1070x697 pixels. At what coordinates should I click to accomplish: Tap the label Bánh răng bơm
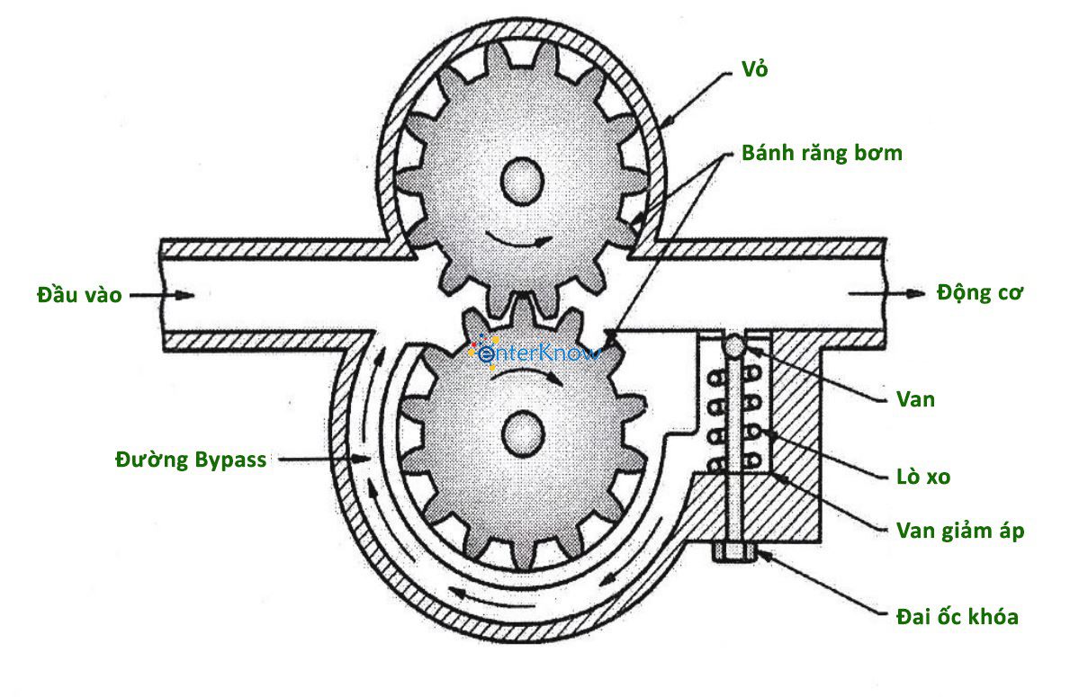pos(821,153)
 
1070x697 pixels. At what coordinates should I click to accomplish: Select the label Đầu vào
pos(79,294)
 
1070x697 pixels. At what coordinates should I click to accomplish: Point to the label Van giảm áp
pos(960,531)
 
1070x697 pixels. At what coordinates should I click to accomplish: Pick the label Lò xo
pos(923,477)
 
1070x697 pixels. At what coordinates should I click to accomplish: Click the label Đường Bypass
pos(191,460)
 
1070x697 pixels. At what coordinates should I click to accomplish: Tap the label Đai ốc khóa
pos(958,617)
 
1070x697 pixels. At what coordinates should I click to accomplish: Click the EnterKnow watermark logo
pos(535,353)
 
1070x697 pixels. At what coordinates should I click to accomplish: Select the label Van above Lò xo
pos(915,399)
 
